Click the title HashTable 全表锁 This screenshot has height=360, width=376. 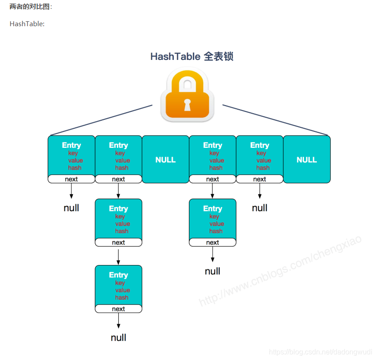pyautogui.click(x=192, y=56)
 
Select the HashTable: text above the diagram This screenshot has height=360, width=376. pyautogui.click(x=27, y=24)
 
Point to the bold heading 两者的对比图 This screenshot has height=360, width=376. pyautogui.click(x=31, y=7)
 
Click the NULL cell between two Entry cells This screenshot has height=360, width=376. pyautogui.click(x=165, y=159)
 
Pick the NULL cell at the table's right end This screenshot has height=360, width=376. pyautogui.click(x=307, y=159)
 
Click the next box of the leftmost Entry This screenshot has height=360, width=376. pyautogui.click(x=71, y=179)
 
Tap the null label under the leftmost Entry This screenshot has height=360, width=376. pyautogui.click(x=71, y=208)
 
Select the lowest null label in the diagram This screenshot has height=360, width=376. pyautogui.click(x=118, y=338)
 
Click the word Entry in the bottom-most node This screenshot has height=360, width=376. pyautogui.click(x=118, y=275)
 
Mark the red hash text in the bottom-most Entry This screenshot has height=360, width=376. pyautogui.click(x=121, y=297)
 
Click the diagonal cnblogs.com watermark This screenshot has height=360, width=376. pyautogui.click(x=280, y=270)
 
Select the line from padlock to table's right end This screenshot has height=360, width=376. pyautogui.click(x=275, y=120)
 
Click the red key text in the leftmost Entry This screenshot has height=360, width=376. pyautogui.click(x=73, y=153)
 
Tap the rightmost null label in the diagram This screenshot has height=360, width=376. pyautogui.click(x=260, y=208)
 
